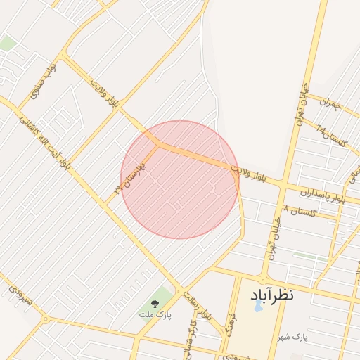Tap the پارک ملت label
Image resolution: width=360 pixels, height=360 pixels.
click(154, 314)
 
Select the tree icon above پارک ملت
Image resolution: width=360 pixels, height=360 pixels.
click(155, 303)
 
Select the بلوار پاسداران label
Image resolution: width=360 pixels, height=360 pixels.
click(323, 194)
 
